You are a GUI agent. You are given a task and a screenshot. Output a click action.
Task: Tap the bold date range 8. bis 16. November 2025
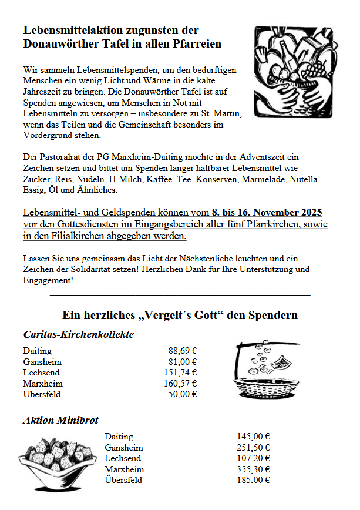coord(267,212)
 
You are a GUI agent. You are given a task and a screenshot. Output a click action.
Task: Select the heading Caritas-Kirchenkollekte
coord(79,334)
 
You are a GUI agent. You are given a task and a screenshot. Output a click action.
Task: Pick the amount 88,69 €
coord(183,351)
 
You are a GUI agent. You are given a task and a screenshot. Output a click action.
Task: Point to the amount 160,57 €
coord(180,384)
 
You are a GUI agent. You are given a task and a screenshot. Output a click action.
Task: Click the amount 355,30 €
coord(253,469)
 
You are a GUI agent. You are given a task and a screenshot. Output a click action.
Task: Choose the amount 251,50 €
coord(253,448)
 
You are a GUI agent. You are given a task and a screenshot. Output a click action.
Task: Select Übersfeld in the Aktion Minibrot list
coord(123,480)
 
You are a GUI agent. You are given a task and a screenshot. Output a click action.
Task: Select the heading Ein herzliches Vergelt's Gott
coord(180,315)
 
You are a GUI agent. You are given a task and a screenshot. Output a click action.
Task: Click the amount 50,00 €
coord(183,394)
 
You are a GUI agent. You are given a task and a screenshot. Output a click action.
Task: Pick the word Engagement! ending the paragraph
coord(48,280)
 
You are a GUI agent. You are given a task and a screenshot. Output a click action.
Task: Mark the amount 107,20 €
coord(253,458)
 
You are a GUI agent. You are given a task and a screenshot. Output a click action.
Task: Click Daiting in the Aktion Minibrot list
coord(119,437)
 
